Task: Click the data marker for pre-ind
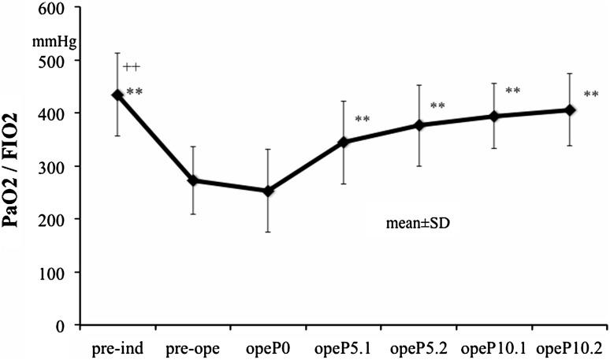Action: pyautogui.click(x=117, y=95)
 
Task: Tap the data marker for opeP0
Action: pyautogui.click(x=269, y=191)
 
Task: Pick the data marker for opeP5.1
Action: pyautogui.click(x=344, y=142)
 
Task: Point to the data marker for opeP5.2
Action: pyautogui.click(x=419, y=124)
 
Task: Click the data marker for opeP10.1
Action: pyautogui.click(x=494, y=117)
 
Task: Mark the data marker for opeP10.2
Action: pyautogui.click(x=570, y=110)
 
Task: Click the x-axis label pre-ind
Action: pyautogui.click(x=117, y=347)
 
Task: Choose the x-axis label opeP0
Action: pyautogui.click(x=269, y=347)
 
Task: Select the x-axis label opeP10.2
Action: pyautogui.click(x=570, y=347)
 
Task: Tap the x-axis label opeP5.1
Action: pyautogui.click(x=344, y=347)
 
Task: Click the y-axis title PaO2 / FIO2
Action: pyautogui.click(x=14, y=181)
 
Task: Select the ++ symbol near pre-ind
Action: pyautogui.click(x=132, y=68)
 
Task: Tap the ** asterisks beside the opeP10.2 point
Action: pyautogui.click(x=591, y=95)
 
